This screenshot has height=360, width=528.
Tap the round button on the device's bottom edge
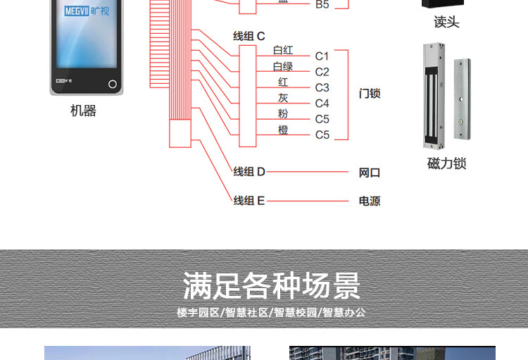coord(112,84)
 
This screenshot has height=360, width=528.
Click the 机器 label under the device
coord(83,111)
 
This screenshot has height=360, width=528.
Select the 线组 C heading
coord(249,36)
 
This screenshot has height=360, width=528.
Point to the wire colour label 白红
coord(283,51)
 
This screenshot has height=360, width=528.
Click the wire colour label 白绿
coord(283,66)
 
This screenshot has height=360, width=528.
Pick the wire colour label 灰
coord(283,98)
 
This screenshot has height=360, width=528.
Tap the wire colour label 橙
coord(283,130)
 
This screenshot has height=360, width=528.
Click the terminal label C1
coord(322,56)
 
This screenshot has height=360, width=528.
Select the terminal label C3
coord(322,87)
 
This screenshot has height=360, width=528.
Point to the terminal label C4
coord(322,104)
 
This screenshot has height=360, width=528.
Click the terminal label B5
coord(322,5)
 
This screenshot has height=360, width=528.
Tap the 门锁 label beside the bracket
coord(370,93)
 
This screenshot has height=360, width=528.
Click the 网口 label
coord(370,173)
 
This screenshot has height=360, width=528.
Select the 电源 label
coord(370,201)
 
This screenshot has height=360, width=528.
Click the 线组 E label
coord(249,201)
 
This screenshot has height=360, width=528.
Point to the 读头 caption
coord(446,23)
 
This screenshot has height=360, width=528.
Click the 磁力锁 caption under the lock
coord(446,163)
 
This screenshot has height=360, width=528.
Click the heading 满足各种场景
coord(271,286)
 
